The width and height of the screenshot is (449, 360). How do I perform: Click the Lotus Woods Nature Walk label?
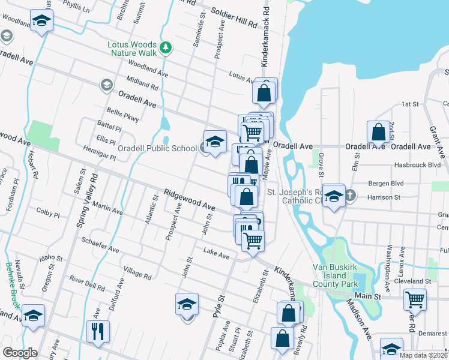(131, 49)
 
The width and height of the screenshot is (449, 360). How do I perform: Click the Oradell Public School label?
(157, 149)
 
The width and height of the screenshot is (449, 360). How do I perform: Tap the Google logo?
(20, 353)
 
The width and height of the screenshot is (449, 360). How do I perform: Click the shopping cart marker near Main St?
(415, 299)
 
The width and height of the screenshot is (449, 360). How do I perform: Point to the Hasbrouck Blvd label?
(417, 164)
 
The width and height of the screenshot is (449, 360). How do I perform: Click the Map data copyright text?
(423, 355)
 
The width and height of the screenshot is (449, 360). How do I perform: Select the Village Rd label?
(136, 272)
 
